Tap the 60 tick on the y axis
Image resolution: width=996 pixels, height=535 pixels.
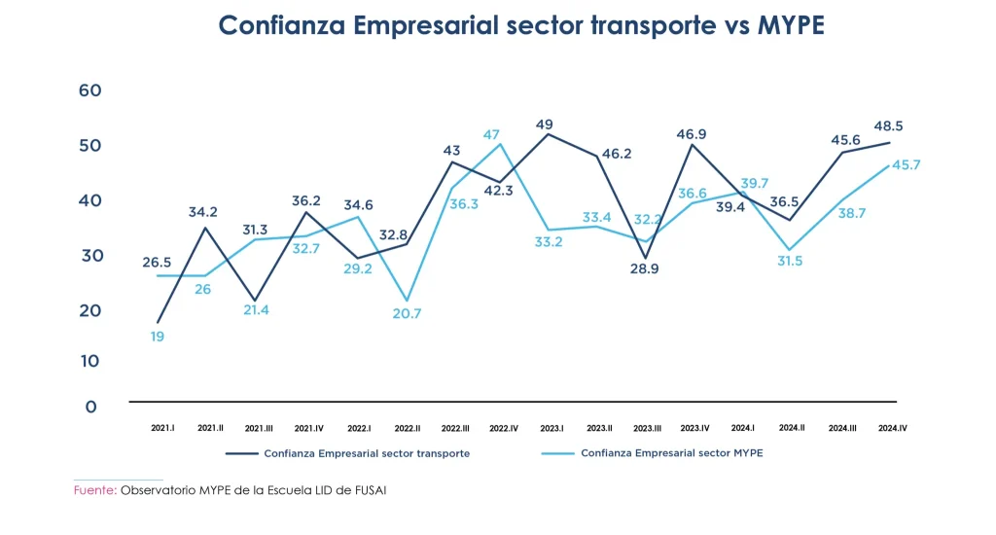tap(89, 90)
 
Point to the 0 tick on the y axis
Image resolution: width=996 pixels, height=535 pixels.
tap(90, 407)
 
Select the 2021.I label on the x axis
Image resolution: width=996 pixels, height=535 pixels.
tap(162, 428)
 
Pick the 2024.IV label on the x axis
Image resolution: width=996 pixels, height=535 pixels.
tap(892, 428)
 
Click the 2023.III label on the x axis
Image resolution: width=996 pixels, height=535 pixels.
tap(647, 428)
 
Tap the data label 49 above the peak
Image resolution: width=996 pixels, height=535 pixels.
tap(545, 125)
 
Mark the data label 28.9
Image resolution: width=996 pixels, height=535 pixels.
tap(644, 268)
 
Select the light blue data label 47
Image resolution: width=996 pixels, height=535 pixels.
tap(492, 134)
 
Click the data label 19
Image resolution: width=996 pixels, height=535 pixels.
tap(157, 337)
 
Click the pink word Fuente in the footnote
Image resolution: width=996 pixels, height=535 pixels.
tap(94, 490)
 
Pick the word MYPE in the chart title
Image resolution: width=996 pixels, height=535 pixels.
tap(790, 26)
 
